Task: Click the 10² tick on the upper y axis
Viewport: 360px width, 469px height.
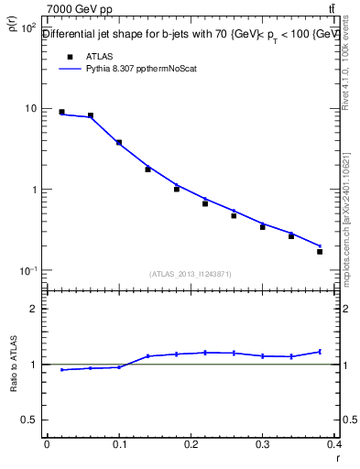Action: coord(27,28)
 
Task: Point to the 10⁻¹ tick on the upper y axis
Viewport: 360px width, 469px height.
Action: coord(27,271)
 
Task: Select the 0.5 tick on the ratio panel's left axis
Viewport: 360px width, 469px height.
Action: coord(28,420)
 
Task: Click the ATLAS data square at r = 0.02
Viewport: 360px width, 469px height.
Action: coord(61,112)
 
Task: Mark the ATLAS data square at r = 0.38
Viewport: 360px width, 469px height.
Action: coord(320,251)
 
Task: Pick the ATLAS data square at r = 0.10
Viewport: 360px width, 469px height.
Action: coord(119,142)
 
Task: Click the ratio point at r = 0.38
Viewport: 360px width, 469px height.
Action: coord(320,352)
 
